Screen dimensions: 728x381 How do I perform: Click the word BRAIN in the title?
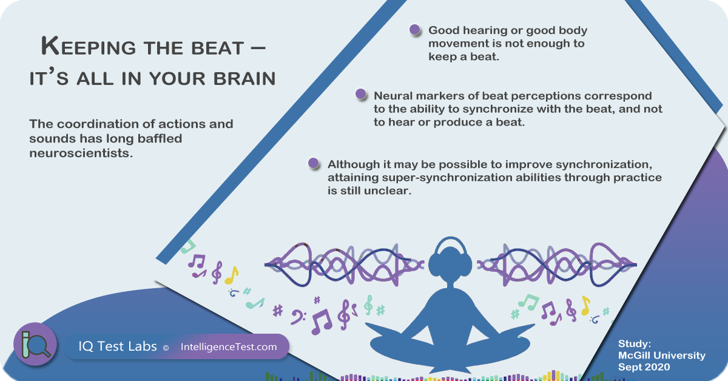coord(244,79)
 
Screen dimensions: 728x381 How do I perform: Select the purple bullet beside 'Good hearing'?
coord(415,30)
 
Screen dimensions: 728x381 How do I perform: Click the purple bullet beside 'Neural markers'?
coord(361,94)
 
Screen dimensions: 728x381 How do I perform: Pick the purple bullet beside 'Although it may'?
coord(314,163)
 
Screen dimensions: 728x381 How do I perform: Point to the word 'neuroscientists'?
coord(81,153)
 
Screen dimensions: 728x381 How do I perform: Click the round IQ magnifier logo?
coord(35,344)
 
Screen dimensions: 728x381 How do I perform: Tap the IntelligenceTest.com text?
coord(229,347)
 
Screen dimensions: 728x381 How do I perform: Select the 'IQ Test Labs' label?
coord(118,346)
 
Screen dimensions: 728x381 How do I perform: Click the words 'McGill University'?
coord(662,356)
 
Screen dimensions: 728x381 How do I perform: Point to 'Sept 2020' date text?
coord(644,367)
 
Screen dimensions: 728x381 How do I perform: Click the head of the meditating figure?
coord(450,264)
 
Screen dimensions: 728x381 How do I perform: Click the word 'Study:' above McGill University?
coord(635,343)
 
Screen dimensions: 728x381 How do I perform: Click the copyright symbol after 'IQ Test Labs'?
coord(166,348)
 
